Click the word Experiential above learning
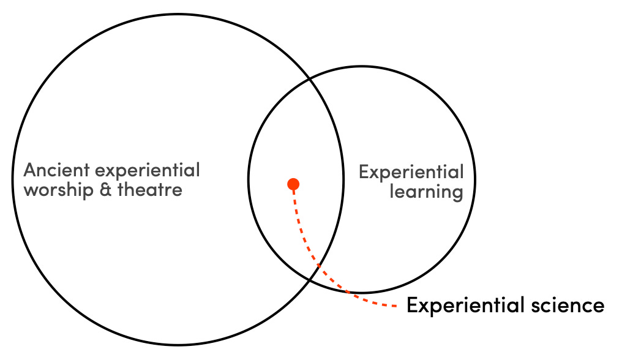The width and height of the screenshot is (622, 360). coord(411,173)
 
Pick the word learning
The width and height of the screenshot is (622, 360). coord(426,192)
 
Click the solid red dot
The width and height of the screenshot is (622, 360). coord(293,184)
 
